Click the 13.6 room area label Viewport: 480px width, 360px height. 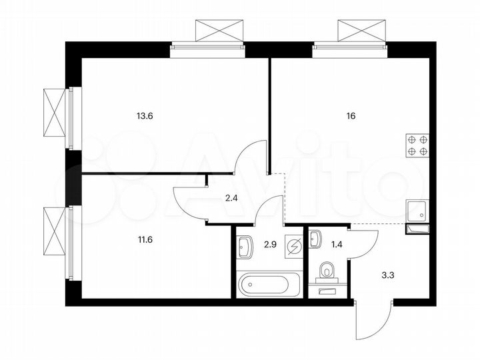pos(145,115)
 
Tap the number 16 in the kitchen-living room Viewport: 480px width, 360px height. pos(351,115)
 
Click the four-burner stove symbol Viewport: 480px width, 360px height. pos(418,145)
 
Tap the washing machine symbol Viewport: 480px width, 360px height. pos(293,245)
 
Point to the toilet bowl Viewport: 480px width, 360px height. pos(327,271)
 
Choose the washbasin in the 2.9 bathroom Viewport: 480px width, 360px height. pos(245,247)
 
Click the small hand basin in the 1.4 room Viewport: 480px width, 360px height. pos(315,238)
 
